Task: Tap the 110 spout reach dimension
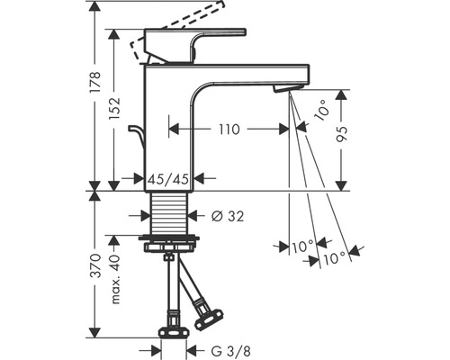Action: click(x=229, y=129)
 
